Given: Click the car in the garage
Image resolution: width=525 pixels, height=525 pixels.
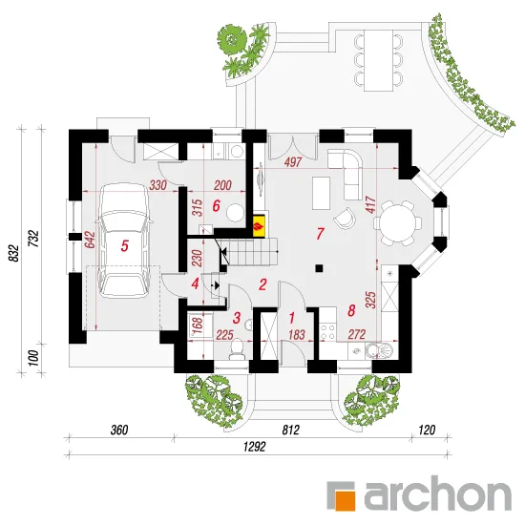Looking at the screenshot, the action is pos(124,241).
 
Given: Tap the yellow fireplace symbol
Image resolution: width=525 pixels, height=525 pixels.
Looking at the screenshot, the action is pos(260,225).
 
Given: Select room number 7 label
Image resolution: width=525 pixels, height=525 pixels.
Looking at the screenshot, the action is pos(320,234).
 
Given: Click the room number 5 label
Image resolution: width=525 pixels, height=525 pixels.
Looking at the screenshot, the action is pos(124,245).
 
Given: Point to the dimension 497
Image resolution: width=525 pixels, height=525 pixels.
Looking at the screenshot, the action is pos(293,162).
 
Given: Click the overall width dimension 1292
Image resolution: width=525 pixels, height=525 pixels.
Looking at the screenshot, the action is pos(255,447).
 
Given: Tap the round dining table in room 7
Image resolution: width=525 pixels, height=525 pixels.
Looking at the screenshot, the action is pos(398,223).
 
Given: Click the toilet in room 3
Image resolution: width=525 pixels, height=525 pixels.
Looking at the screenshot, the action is pos(237,348).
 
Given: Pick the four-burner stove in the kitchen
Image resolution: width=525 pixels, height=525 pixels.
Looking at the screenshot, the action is pos(327,331).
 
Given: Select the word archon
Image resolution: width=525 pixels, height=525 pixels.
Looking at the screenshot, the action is pos(437,495).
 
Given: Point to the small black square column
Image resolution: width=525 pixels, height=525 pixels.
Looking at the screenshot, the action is pos(319,268).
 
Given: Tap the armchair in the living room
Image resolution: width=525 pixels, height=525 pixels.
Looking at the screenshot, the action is pos(345,218).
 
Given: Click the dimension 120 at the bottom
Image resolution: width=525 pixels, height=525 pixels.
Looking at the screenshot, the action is pos(427,430).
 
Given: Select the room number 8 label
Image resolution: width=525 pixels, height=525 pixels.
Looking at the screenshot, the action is pos(351,311).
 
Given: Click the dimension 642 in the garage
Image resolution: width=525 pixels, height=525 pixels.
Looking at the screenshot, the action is pos(90,240).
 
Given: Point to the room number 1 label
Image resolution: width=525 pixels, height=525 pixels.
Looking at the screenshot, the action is pos(292,318).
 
